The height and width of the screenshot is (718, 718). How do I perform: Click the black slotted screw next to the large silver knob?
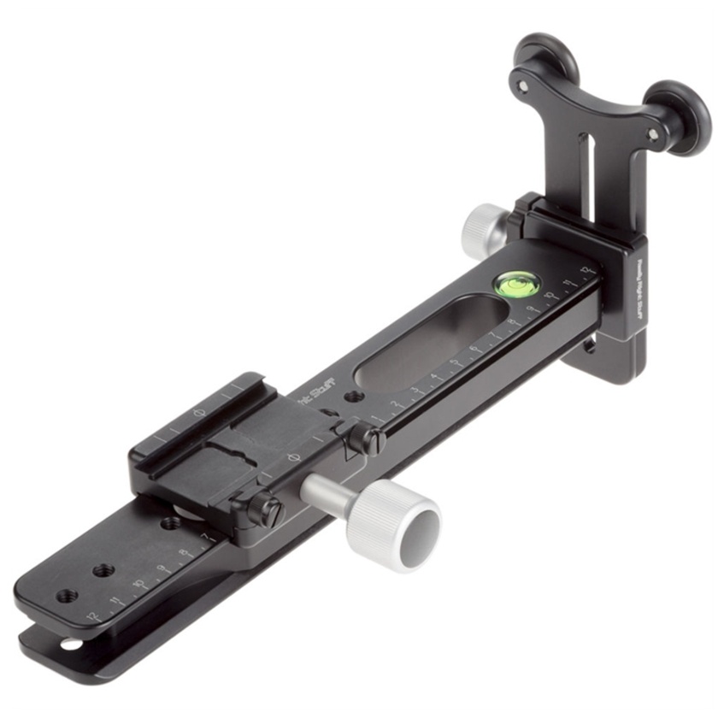[x=270, y=511]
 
